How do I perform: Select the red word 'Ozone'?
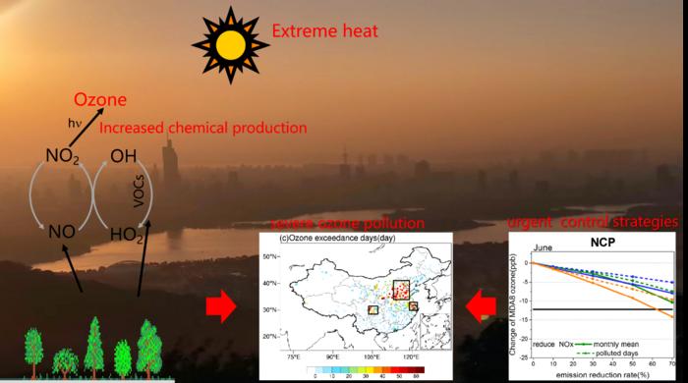click(x=101, y=101)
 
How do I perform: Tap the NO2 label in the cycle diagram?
click(x=62, y=155)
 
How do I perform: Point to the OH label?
click(x=124, y=155)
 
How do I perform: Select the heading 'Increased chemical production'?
click(x=203, y=128)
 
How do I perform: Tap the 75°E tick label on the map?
click(x=293, y=356)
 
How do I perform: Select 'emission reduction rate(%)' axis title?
click(x=602, y=374)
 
